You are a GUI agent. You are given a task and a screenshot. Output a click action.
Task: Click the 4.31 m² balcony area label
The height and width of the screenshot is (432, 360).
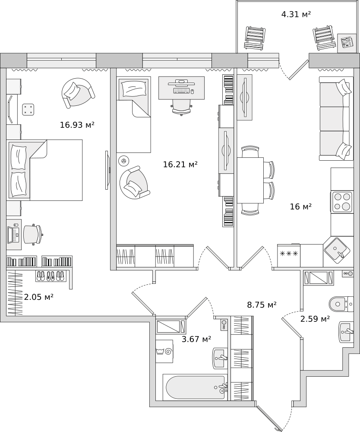(296, 14)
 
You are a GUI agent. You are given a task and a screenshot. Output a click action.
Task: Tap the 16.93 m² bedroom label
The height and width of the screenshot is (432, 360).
(77, 125)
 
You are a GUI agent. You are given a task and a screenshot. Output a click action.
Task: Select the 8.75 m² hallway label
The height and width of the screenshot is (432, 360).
(262, 305)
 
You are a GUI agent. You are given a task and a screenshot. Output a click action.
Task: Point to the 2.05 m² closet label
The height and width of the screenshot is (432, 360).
(38, 297)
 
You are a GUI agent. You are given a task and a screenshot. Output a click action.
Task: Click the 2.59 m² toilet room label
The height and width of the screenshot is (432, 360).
(315, 319)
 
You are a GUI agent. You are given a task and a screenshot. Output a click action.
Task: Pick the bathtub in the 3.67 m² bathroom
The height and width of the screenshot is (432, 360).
(194, 387)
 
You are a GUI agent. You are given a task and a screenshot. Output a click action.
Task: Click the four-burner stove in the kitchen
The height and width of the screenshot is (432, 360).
(341, 202)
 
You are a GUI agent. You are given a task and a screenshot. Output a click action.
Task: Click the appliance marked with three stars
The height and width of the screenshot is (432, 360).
(289, 254)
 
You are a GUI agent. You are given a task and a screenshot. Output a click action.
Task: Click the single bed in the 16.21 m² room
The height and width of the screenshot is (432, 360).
(133, 114)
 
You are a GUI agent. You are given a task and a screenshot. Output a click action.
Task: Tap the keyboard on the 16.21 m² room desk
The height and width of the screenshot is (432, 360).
(181, 91)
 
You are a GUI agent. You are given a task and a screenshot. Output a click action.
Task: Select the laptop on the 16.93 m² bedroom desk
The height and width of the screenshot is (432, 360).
(14, 234)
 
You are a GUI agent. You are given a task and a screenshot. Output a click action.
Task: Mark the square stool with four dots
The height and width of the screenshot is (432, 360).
(28, 109)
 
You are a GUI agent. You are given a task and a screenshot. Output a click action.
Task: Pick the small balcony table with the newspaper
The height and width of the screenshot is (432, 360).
(346, 42)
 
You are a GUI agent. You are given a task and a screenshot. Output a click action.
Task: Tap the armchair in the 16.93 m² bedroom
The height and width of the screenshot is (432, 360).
(78, 92)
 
